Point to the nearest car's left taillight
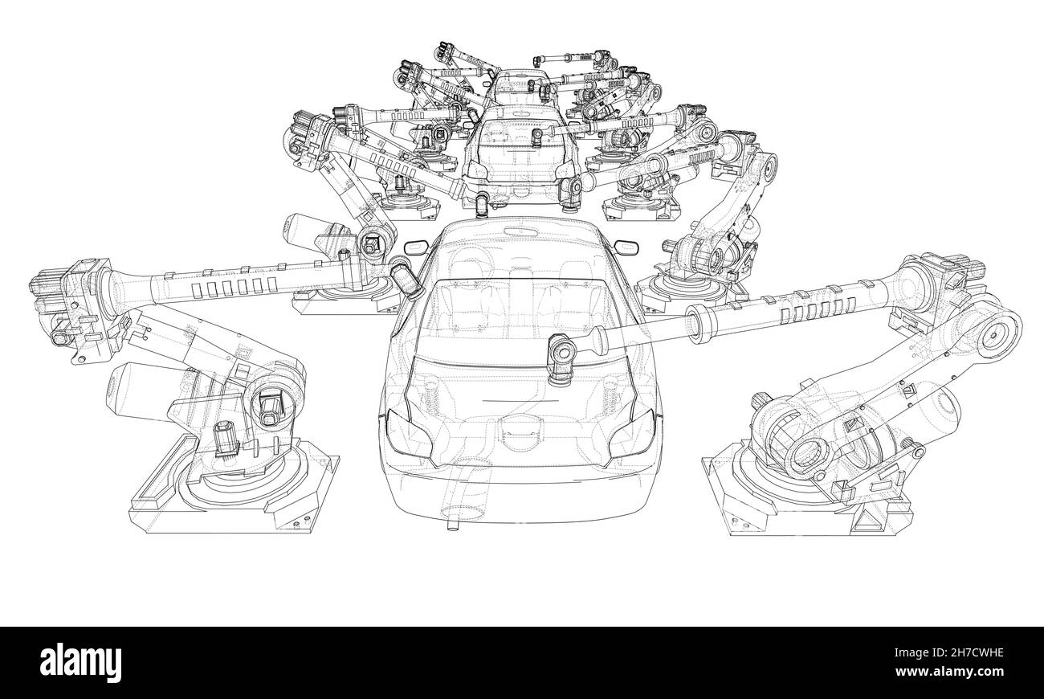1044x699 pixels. click(x=397, y=423)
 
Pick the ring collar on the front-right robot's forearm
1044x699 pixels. click(x=696, y=325)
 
